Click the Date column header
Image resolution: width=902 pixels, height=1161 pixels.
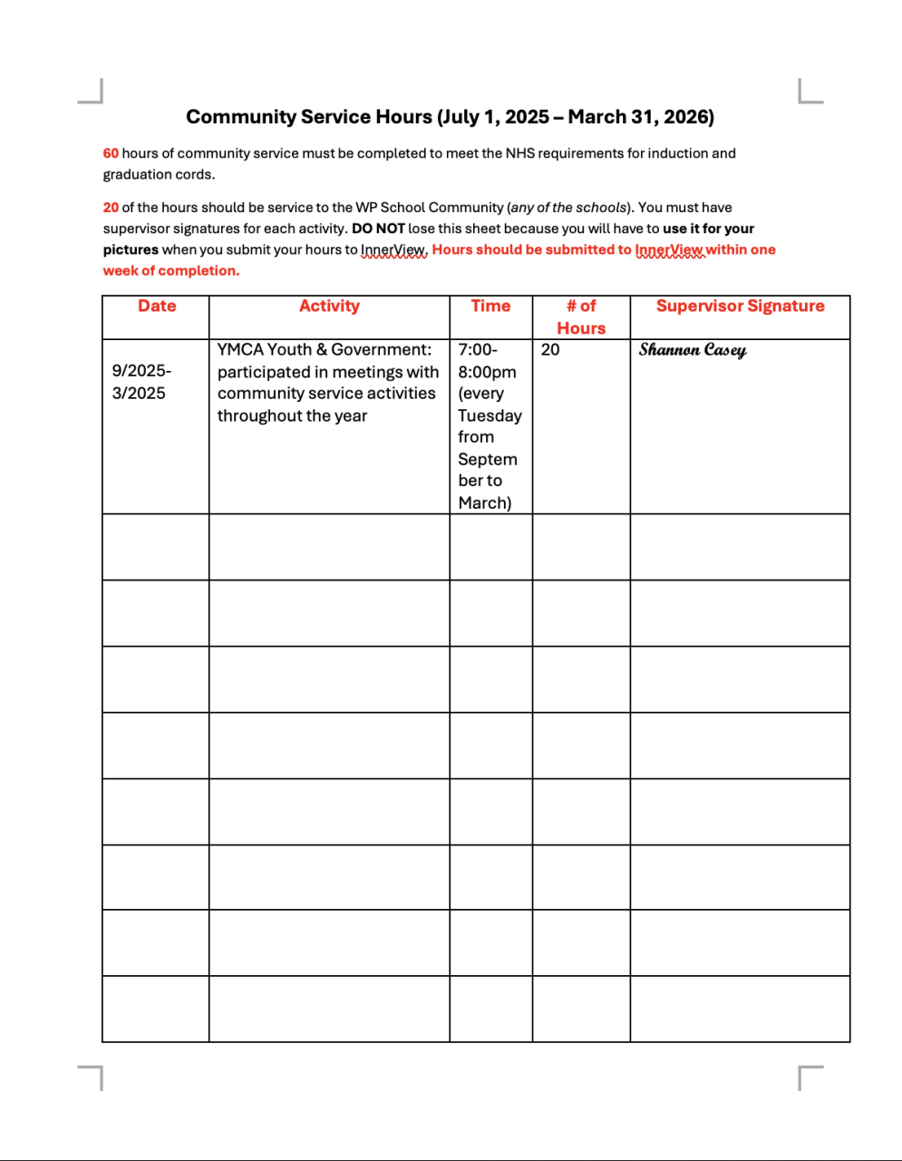(157, 307)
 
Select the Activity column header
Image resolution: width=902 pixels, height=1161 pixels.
(329, 307)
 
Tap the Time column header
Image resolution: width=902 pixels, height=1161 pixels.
(490, 307)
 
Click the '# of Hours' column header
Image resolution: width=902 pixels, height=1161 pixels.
(581, 317)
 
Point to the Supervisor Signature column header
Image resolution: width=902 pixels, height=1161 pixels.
(740, 307)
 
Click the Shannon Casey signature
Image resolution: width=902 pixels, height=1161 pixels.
(693, 350)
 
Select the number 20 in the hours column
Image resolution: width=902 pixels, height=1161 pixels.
(550, 350)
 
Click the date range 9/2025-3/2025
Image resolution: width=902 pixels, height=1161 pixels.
(141, 382)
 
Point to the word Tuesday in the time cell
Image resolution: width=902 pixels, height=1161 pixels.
(490, 415)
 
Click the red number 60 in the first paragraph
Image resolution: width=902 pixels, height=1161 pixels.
(111, 153)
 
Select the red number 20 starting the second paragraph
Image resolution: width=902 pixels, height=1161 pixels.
(111, 208)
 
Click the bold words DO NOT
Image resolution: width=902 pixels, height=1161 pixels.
(378, 229)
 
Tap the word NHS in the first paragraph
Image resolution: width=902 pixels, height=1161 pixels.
(519, 153)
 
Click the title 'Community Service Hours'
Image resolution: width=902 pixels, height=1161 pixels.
(309, 117)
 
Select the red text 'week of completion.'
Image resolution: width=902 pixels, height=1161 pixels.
(171, 270)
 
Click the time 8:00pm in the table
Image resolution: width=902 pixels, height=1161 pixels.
(487, 372)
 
